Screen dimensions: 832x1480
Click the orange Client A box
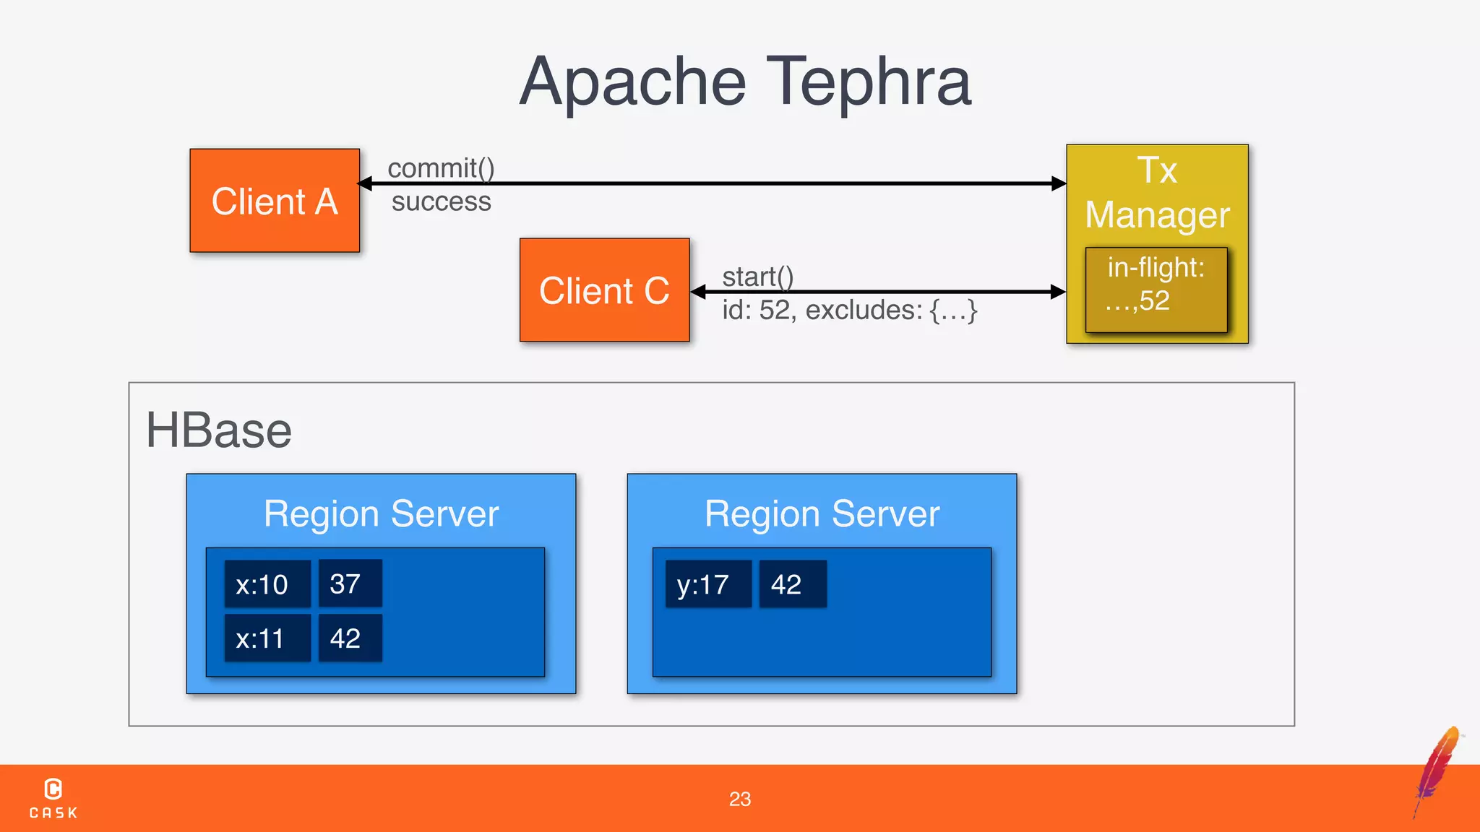point(275,201)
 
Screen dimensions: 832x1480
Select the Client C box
point(604,290)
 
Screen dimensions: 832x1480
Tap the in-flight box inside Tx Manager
point(1156,290)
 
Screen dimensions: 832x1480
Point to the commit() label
point(441,168)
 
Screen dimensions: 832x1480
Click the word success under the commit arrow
point(441,201)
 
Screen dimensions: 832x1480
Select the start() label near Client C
point(757,277)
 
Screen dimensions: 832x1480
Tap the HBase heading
point(218,430)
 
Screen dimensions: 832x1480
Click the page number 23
point(739,799)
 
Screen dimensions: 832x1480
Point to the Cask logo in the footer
point(53,798)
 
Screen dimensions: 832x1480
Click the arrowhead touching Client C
point(698,292)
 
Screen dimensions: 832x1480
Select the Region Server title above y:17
point(822,514)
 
